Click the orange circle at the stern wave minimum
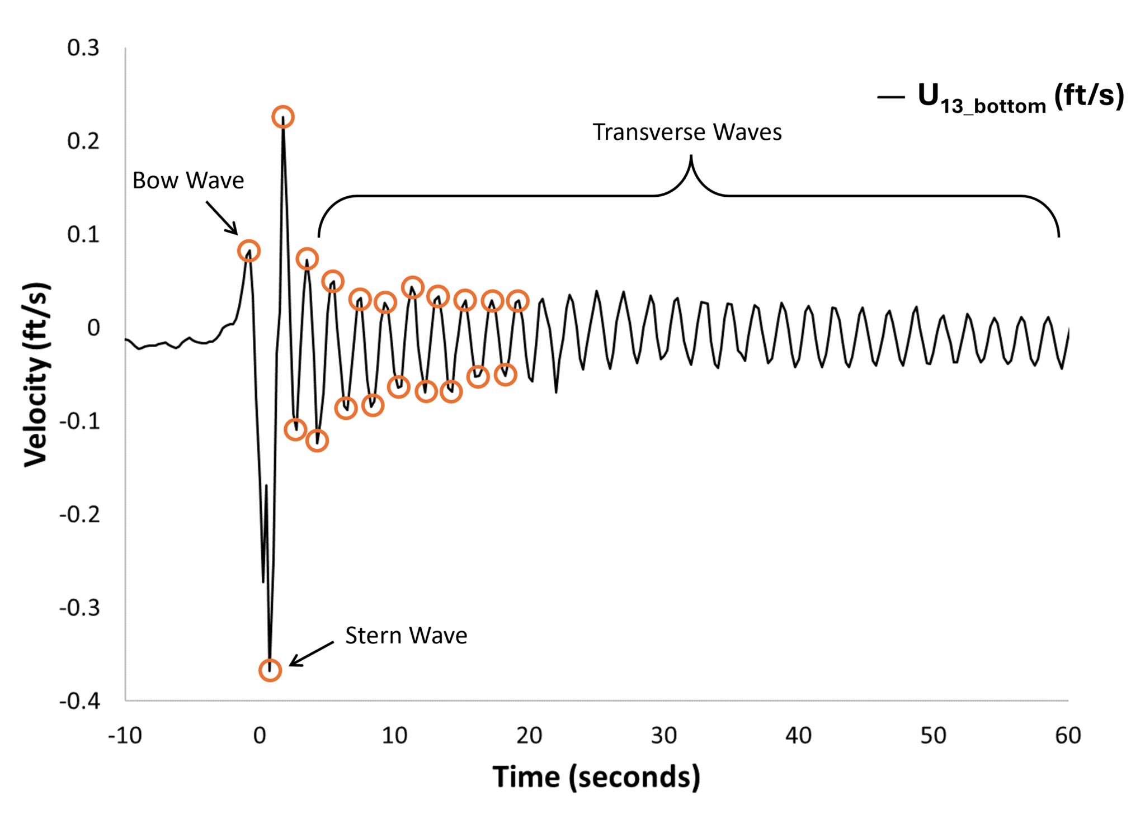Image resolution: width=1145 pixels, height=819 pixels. point(270,670)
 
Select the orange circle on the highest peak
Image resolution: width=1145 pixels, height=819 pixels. point(283,117)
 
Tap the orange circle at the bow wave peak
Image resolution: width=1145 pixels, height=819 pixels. point(248,251)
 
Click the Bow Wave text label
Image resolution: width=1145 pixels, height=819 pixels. point(188,181)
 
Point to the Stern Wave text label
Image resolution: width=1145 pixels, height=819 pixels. point(406,636)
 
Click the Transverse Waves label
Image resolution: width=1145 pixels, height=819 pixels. point(687,132)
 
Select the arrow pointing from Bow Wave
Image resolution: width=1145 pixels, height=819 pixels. point(222,218)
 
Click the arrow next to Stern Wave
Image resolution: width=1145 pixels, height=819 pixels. point(311,654)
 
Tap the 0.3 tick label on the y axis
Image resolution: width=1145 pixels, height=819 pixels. point(83,48)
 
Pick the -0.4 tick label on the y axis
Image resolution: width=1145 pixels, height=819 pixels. point(80,700)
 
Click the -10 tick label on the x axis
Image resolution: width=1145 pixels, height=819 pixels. point(125,736)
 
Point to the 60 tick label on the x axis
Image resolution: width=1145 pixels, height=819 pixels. point(1068,736)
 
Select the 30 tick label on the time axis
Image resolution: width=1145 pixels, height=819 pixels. point(664,736)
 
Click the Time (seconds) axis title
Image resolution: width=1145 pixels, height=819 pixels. point(596,777)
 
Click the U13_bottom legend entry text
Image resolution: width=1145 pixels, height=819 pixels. point(1020,97)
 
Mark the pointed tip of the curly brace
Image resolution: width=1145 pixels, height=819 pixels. point(691,157)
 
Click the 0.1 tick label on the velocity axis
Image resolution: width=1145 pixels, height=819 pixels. point(83,234)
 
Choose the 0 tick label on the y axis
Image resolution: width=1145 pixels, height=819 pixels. point(93,328)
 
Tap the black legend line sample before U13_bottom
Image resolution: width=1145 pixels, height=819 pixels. point(890,98)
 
